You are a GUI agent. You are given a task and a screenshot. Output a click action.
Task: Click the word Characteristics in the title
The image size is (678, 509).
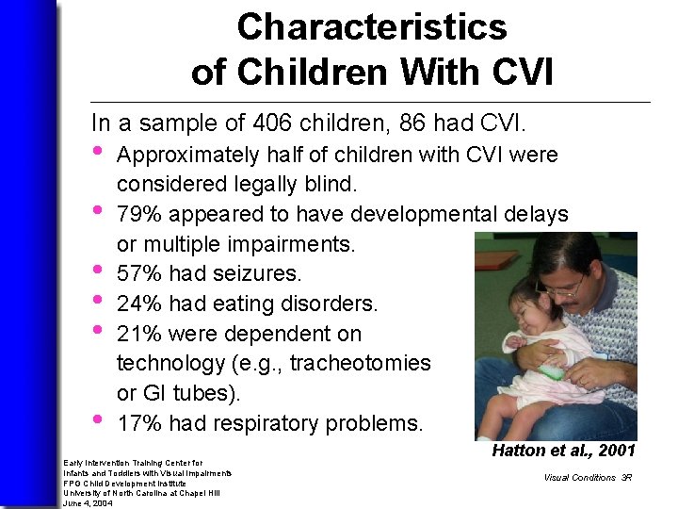372,27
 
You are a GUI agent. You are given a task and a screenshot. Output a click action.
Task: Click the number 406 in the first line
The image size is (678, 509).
275,123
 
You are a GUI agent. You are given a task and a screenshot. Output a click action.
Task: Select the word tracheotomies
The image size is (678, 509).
361,363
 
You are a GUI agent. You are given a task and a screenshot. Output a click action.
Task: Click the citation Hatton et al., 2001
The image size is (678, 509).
563,452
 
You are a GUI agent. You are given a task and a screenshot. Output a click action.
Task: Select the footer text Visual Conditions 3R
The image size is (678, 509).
587,477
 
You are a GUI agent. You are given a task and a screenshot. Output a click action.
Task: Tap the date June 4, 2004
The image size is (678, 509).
88,502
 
